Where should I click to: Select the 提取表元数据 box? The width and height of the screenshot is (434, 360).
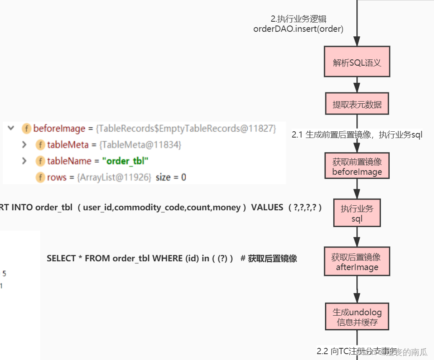click(x=357, y=104)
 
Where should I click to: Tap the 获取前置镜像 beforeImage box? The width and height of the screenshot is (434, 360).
click(x=357, y=166)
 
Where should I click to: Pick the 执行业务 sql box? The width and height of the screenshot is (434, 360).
click(x=357, y=213)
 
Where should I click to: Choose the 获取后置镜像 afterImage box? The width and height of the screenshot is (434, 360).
click(x=357, y=261)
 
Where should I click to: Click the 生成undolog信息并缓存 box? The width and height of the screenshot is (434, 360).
click(x=357, y=317)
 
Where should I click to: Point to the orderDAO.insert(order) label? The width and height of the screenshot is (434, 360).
click(x=298, y=29)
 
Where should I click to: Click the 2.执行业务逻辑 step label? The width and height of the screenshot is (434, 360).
click(x=298, y=19)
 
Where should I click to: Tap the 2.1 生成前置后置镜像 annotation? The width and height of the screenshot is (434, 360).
click(x=357, y=135)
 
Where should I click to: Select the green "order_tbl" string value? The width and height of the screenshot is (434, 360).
click(x=127, y=161)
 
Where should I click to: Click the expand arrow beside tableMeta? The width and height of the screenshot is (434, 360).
click(x=25, y=145)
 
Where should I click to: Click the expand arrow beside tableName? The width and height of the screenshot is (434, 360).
click(x=25, y=161)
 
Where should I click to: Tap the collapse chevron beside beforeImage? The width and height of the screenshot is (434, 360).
click(x=11, y=128)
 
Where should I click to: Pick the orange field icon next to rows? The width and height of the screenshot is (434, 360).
click(x=40, y=177)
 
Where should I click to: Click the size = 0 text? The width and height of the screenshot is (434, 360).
click(x=171, y=177)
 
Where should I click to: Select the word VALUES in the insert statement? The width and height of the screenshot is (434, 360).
click(x=267, y=208)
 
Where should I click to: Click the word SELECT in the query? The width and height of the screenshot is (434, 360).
click(x=61, y=258)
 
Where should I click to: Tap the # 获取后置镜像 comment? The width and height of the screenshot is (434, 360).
click(x=269, y=258)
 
